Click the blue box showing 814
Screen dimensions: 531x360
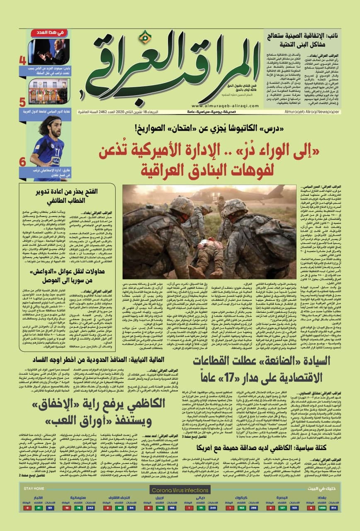point(334,507)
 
